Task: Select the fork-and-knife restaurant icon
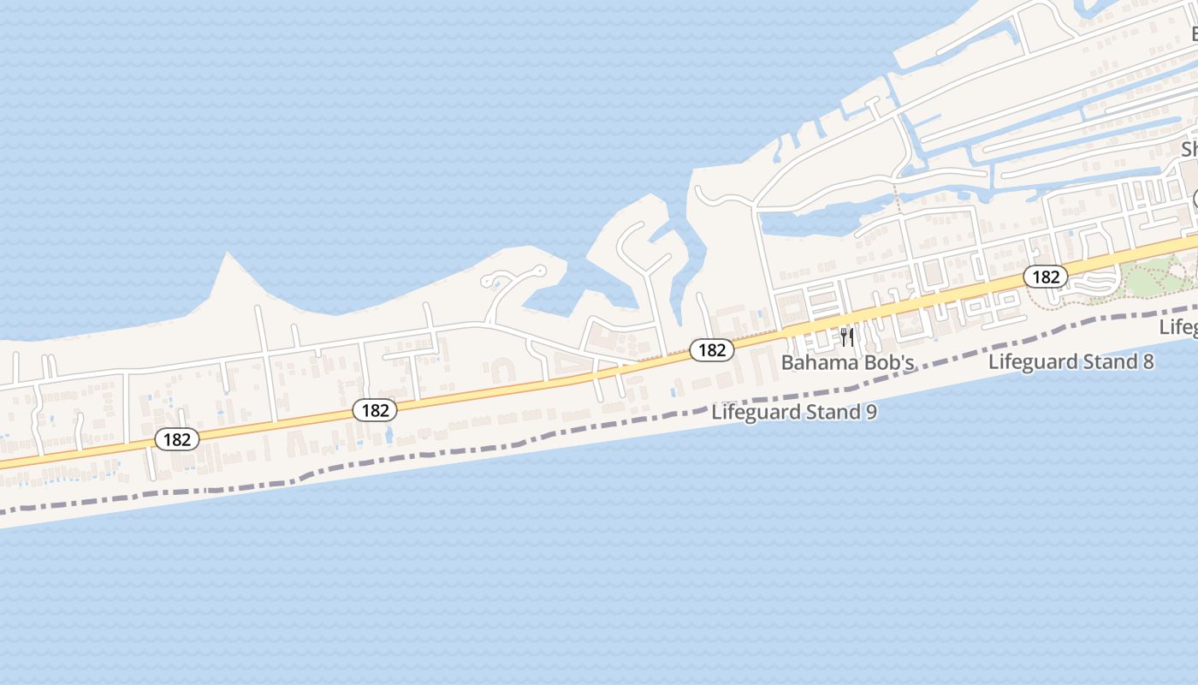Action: click(847, 337)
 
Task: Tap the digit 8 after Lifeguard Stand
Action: click(1147, 361)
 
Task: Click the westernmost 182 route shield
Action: click(177, 439)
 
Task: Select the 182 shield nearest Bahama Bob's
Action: click(711, 349)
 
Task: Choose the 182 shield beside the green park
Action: click(1045, 277)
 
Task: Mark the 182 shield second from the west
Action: click(375, 410)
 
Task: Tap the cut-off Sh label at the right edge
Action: click(1189, 149)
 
